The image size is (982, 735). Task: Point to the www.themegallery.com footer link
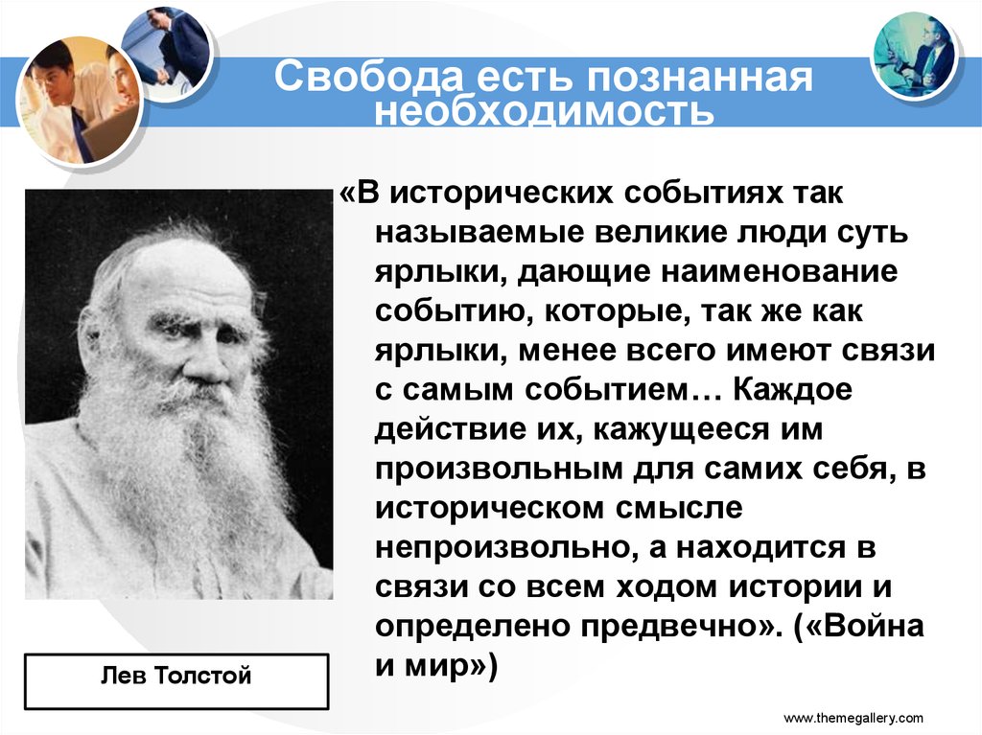point(853,718)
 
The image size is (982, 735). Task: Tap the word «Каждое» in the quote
point(790,391)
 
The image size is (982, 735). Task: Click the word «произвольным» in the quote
point(499,470)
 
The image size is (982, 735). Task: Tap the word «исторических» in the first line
point(503,195)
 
